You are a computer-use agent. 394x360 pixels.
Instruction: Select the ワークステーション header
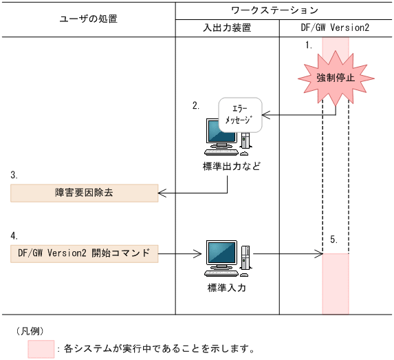pyautogui.click(x=284, y=10)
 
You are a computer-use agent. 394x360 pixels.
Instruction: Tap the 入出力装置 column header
pyautogui.click(x=227, y=28)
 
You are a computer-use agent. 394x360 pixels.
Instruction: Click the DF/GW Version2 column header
pyautogui.click(x=336, y=28)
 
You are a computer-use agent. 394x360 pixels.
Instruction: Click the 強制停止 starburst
pyautogui.click(x=335, y=78)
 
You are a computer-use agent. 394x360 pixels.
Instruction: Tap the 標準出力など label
pyautogui.click(x=227, y=167)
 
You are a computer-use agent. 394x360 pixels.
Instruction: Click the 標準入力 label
pyautogui.click(x=227, y=288)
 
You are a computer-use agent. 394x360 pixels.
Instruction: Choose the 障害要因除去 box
pyautogui.click(x=85, y=193)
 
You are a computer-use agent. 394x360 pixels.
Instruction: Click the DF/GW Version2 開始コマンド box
pyautogui.click(x=85, y=253)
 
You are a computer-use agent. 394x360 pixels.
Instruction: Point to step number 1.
pyautogui.click(x=309, y=45)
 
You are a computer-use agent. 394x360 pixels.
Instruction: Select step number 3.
pyautogui.click(x=14, y=175)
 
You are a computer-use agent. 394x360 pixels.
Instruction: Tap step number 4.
pyautogui.click(x=14, y=235)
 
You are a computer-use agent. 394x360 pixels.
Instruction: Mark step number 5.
pyautogui.click(x=333, y=240)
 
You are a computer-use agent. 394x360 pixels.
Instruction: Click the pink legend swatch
pyautogui.click(x=41, y=349)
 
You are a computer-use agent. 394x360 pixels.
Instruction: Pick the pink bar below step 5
pyautogui.click(x=335, y=283)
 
